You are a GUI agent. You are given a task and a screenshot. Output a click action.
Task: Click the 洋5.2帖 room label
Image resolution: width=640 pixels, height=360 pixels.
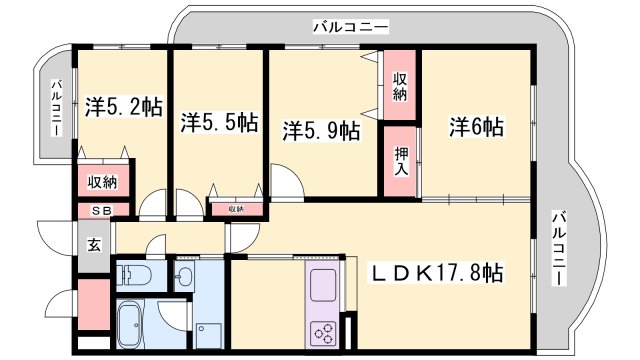123,105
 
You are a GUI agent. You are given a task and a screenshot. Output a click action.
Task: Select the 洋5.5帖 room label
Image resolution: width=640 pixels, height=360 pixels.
220,124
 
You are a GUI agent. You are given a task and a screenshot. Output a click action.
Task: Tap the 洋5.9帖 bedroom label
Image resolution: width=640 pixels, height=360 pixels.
320,130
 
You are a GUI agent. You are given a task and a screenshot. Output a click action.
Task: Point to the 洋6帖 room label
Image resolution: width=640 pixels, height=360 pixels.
475,127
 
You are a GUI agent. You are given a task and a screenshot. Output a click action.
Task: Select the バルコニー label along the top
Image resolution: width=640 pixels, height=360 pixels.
350,27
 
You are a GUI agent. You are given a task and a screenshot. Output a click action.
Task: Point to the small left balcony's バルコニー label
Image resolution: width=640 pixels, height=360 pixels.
57,107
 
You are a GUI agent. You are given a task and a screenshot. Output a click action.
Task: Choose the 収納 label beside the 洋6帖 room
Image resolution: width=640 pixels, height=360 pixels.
400,87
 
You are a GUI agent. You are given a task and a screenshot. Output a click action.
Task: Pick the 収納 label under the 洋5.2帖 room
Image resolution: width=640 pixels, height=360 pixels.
102,182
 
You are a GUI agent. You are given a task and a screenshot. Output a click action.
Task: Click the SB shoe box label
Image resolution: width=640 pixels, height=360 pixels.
102,211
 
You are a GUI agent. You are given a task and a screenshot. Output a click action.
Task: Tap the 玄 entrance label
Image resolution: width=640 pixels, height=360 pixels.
92,243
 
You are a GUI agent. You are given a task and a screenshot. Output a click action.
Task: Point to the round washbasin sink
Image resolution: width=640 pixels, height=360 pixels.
185,275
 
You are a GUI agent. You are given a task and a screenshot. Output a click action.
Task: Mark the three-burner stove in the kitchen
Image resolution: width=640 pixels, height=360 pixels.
327,331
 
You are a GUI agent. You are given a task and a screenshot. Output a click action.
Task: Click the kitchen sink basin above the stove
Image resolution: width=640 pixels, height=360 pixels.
327,287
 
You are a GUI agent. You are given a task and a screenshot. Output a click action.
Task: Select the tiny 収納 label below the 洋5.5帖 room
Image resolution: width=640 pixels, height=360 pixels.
235,209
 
